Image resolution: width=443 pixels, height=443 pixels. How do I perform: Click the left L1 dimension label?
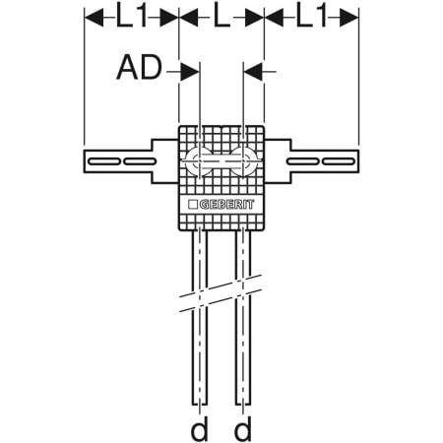pyautogui.click(x=131, y=17)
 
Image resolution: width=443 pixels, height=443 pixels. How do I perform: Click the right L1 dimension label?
pyautogui.click(x=311, y=17)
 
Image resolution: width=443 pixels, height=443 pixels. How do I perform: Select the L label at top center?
pyautogui.click(x=221, y=17)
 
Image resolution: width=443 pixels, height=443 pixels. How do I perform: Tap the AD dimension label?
pyautogui.click(x=140, y=68)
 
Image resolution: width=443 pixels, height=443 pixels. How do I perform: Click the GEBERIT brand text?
pyautogui.click(x=226, y=205)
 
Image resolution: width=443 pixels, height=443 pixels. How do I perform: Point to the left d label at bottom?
pyautogui.click(x=200, y=428)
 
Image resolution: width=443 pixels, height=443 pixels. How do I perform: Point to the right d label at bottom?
pyautogui.click(x=243, y=428)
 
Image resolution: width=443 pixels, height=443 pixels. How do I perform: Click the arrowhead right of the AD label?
pyautogui.click(x=190, y=71)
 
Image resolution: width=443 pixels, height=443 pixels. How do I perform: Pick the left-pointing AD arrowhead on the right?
pyautogui.click(x=253, y=71)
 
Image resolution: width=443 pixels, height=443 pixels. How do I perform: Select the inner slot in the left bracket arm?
pyautogui.click(x=140, y=161)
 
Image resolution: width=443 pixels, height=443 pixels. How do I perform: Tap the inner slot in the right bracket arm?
pyautogui.click(x=303, y=161)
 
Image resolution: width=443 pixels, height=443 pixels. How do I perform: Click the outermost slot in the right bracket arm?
pyautogui.click(x=339, y=161)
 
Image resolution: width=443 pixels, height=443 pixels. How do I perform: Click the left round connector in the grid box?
pyautogui.click(x=199, y=161)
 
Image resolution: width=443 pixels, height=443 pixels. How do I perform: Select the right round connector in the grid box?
pyautogui.click(x=243, y=161)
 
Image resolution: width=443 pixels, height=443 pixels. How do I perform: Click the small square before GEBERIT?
pyautogui.click(x=193, y=205)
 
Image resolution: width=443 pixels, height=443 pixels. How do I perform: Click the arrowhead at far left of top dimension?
pyautogui.click(x=95, y=18)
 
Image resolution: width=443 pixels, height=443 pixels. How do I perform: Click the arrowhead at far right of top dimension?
pyautogui.click(x=348, y=18)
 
